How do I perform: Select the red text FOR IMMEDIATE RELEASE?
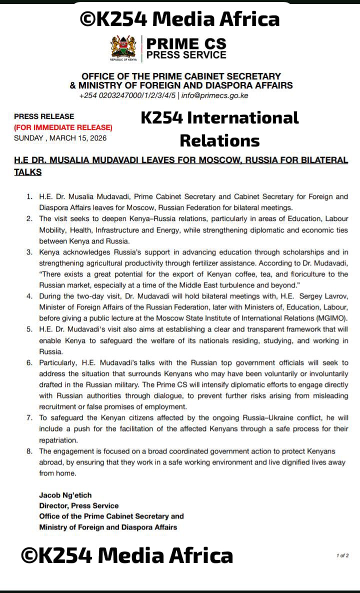pyautogui.click(x=63, y=127)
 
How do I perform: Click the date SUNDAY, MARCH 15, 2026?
pyautogui.click(x=60, y=138)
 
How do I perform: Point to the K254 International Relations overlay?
pyautogui.click(x=219, y=129)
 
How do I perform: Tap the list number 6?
pyautogui.click(x=29, y=362)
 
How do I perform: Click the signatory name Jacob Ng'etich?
pyautogui.click(x=65, y=495)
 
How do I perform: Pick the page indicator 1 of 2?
pyautogui.click(x=342, y=555)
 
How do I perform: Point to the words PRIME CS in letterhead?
pyautogui.click(x=186, y=43)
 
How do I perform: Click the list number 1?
pyautogui.click(x=29, y=197)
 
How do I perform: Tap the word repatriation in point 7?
pyautogui.click(x=59, y=440)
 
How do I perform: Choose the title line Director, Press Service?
pyautogui.click(x=79, y=505)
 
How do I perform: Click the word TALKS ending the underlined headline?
pyautogui.click(x=28, y=172)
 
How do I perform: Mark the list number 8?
pyautogui.click(x=29, y=451)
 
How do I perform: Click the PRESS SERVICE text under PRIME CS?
pyautogui.click(x=186, y=55)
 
